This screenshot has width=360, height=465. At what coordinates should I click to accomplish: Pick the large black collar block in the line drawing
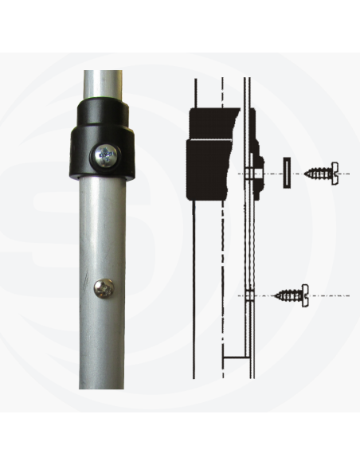coord(209,155)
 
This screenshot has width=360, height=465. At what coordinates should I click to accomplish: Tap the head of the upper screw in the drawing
coord(334,171)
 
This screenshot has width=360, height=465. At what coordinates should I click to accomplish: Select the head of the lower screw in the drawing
coord(304,295)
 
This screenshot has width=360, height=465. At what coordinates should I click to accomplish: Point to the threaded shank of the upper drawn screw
coord(316,171)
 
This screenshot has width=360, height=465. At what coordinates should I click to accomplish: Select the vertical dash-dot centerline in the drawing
coord(224,239)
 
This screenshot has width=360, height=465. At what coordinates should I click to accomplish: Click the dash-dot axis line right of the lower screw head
coord(331,295)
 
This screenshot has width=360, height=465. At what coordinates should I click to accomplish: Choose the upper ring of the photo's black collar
coord(103,113)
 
